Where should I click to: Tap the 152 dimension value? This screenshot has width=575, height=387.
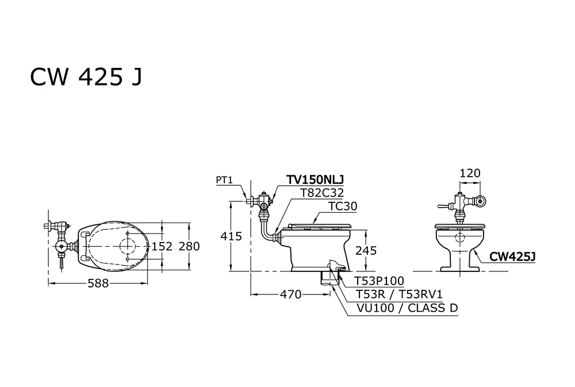coord(162,246)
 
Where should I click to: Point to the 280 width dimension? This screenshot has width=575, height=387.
coord(188,246)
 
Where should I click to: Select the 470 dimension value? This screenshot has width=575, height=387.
coord(290,294)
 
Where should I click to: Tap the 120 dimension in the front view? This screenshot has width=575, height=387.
coord(470,173)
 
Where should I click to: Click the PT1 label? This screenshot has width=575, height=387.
coord(224,180)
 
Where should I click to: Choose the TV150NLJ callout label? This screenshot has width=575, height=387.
coord(310,180)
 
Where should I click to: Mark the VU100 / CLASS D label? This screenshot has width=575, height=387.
coord(408,308)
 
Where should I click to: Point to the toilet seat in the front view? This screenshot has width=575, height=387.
coord(460,226)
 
